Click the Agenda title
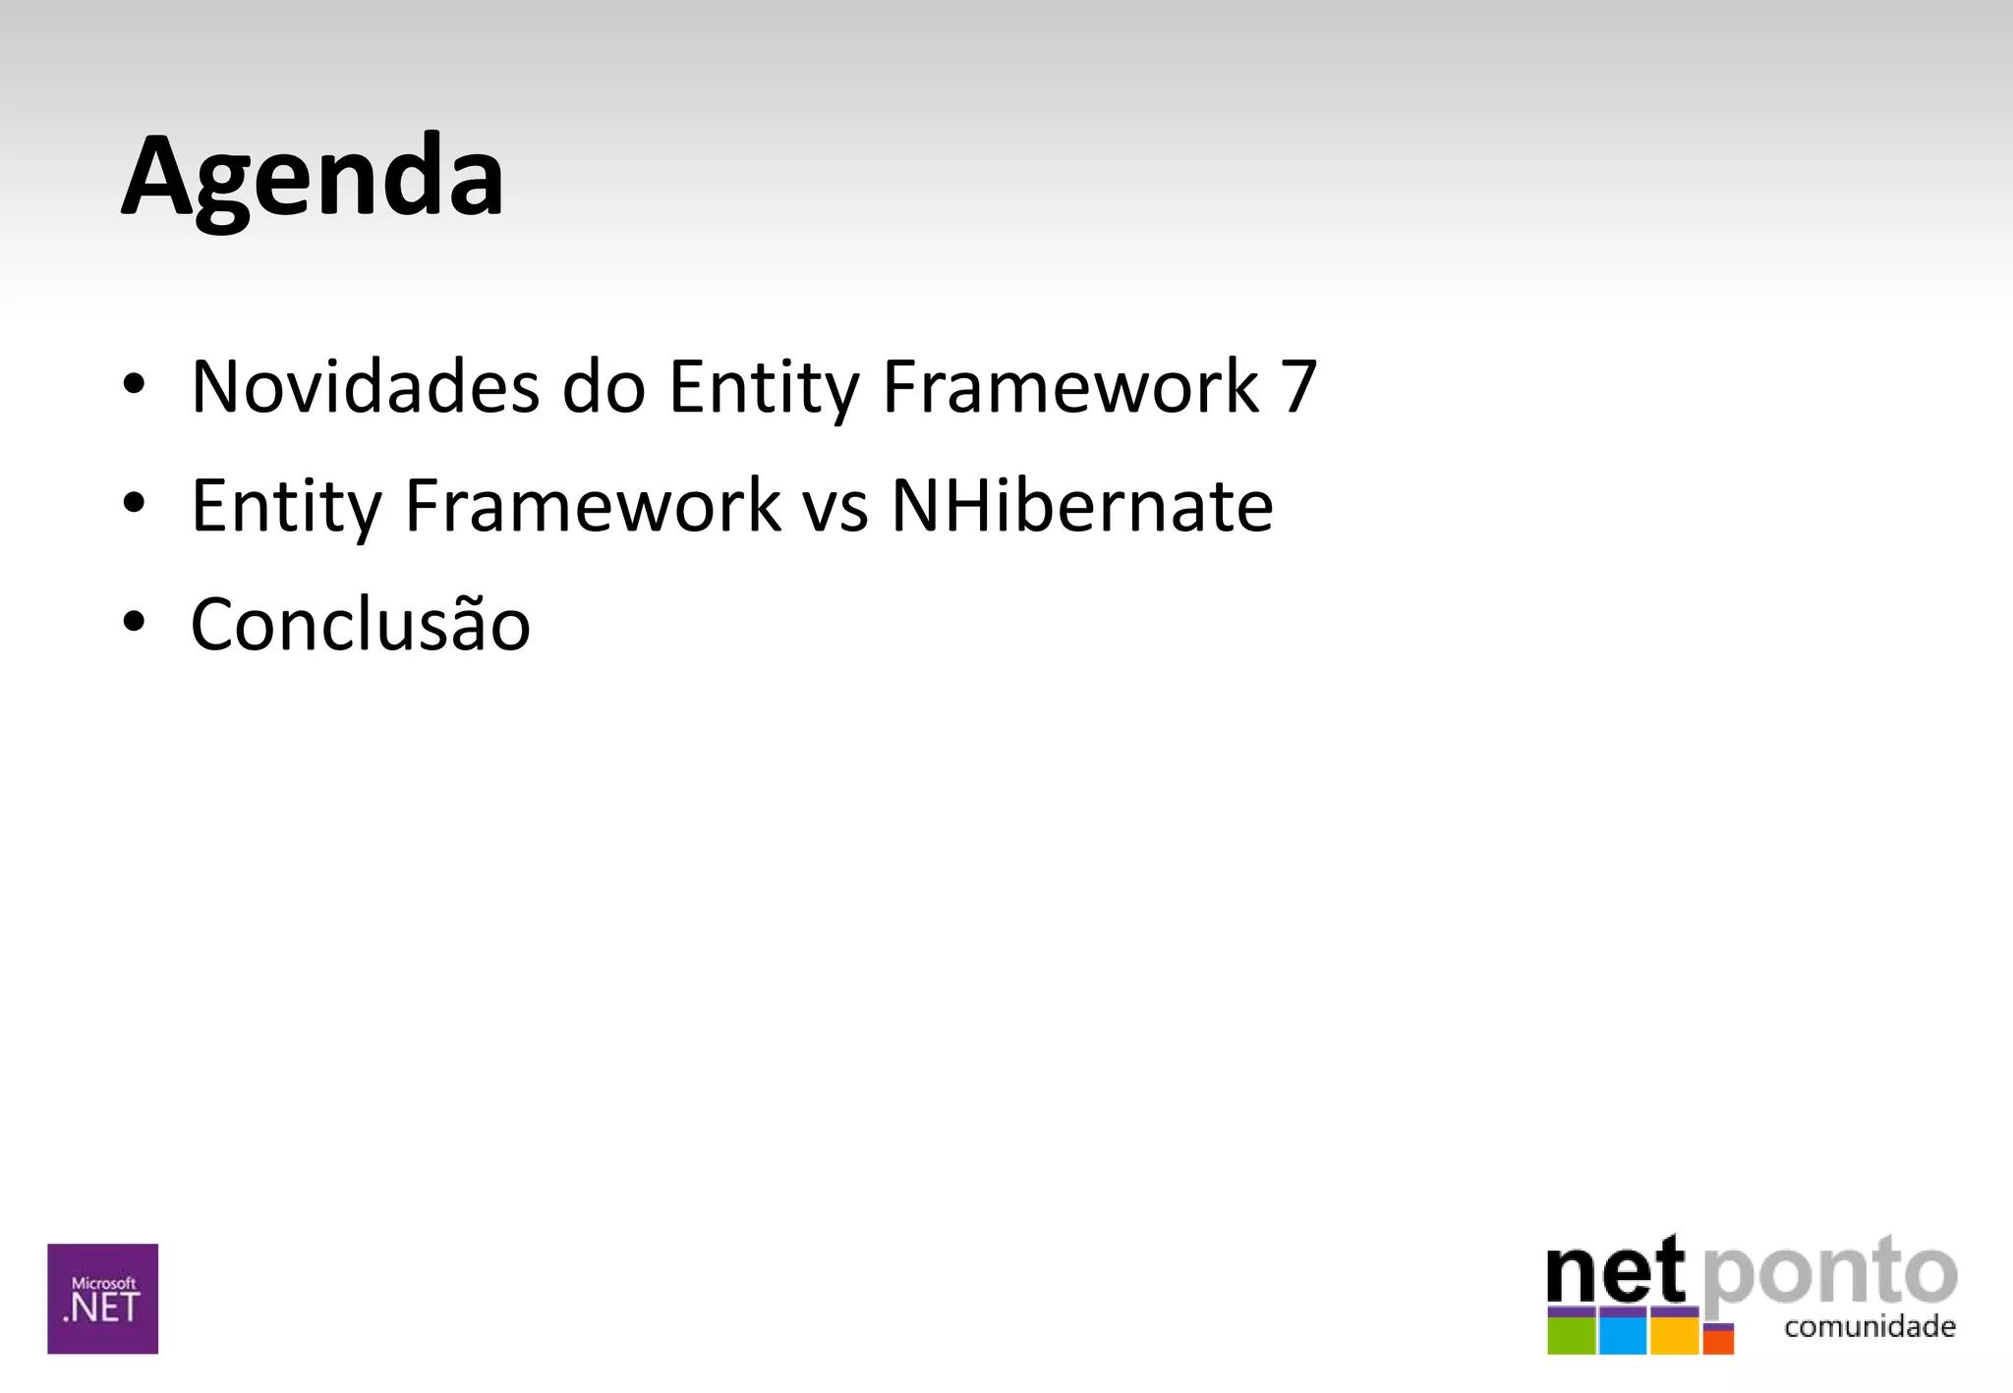(313, 177)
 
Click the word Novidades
(365, 386)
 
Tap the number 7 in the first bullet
(1297, 386)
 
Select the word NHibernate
(1081, 506)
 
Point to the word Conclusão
(360, 625)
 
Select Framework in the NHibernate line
(593, 506)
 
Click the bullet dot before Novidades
(135, 384)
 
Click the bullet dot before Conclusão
(135, 622)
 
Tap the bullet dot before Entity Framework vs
(135, 503)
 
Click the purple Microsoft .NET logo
(102, 1299)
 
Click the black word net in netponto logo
(1615, 1274)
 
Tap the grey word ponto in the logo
(1829, 1276)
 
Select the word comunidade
(1869, 1327)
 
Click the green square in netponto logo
(1571, 1334)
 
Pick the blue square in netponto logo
(1622, 1334)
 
